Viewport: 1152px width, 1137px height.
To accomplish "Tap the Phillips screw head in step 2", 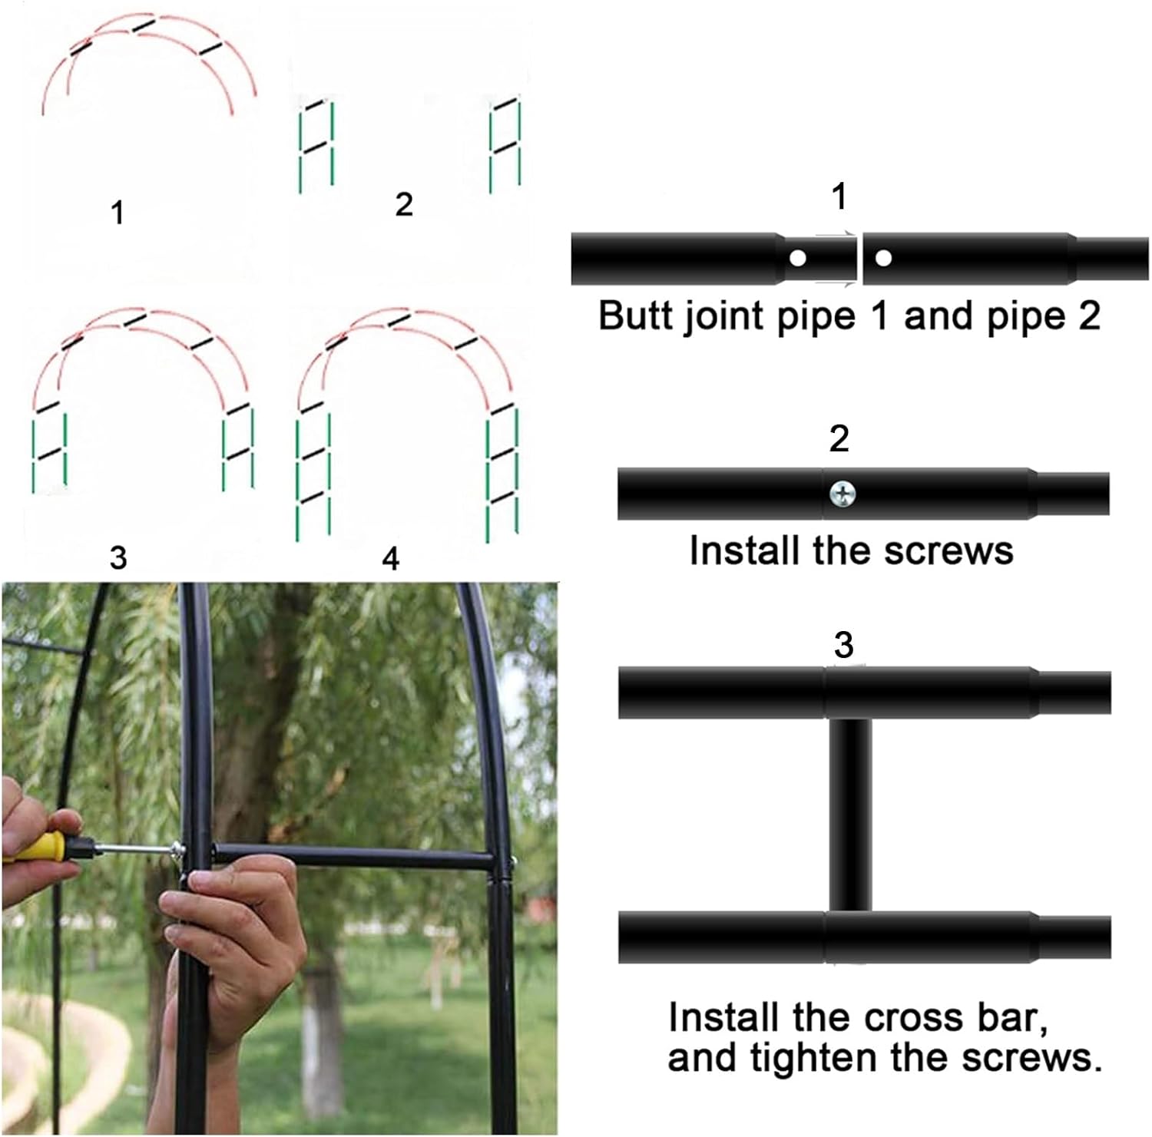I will (843, 493).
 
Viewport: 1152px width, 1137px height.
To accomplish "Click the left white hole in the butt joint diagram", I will (798, 259).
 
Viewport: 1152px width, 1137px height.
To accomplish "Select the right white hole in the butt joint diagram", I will (883, 259).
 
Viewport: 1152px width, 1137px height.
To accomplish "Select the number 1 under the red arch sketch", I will (118, 213).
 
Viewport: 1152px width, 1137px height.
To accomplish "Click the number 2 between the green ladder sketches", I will (404, 204).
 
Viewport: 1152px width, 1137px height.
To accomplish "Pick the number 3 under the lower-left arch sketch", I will (118, 557).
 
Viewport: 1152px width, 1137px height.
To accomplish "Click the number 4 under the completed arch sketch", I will (390, 559).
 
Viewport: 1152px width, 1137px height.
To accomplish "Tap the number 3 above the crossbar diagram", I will (843, 645).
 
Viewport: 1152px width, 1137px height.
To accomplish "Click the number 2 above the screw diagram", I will (839, 438).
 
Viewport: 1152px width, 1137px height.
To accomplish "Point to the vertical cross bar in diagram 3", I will (850, 814).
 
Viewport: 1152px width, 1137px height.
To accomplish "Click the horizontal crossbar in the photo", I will (353, 858).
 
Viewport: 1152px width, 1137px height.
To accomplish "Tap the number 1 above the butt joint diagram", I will (839, 197).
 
